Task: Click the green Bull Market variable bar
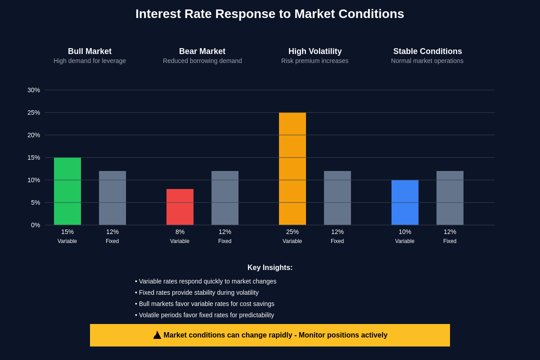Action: (x=67, y=191)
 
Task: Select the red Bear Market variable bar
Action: (x=180, y=207)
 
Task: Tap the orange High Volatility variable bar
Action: (x=292, y=169)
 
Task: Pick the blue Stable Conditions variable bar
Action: (x=405, y=202)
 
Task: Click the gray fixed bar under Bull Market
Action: (x=112, y=198)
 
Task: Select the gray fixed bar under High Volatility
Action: (x=337, y=198)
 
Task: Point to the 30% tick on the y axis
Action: (x=34, y=90)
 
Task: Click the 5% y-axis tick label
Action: (x=36, y=202)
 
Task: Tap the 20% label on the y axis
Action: (x=34, y=135)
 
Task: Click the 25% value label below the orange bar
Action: (x=292, y=232)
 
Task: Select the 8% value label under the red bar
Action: (x=180, y=232)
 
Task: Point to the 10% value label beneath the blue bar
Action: (x=405, y=232)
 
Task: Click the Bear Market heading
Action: (x=202, y=51)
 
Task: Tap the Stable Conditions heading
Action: (x=427, y=51)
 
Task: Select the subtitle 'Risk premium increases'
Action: (x=315, y=61)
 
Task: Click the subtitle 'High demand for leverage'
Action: (x=90, y=61)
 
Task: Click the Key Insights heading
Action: (x=270, y=268)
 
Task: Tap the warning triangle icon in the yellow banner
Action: (x=157, y=335)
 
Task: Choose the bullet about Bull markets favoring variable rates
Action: (x=205, y=304)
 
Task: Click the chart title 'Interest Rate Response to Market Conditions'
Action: (x=270, y=14)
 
